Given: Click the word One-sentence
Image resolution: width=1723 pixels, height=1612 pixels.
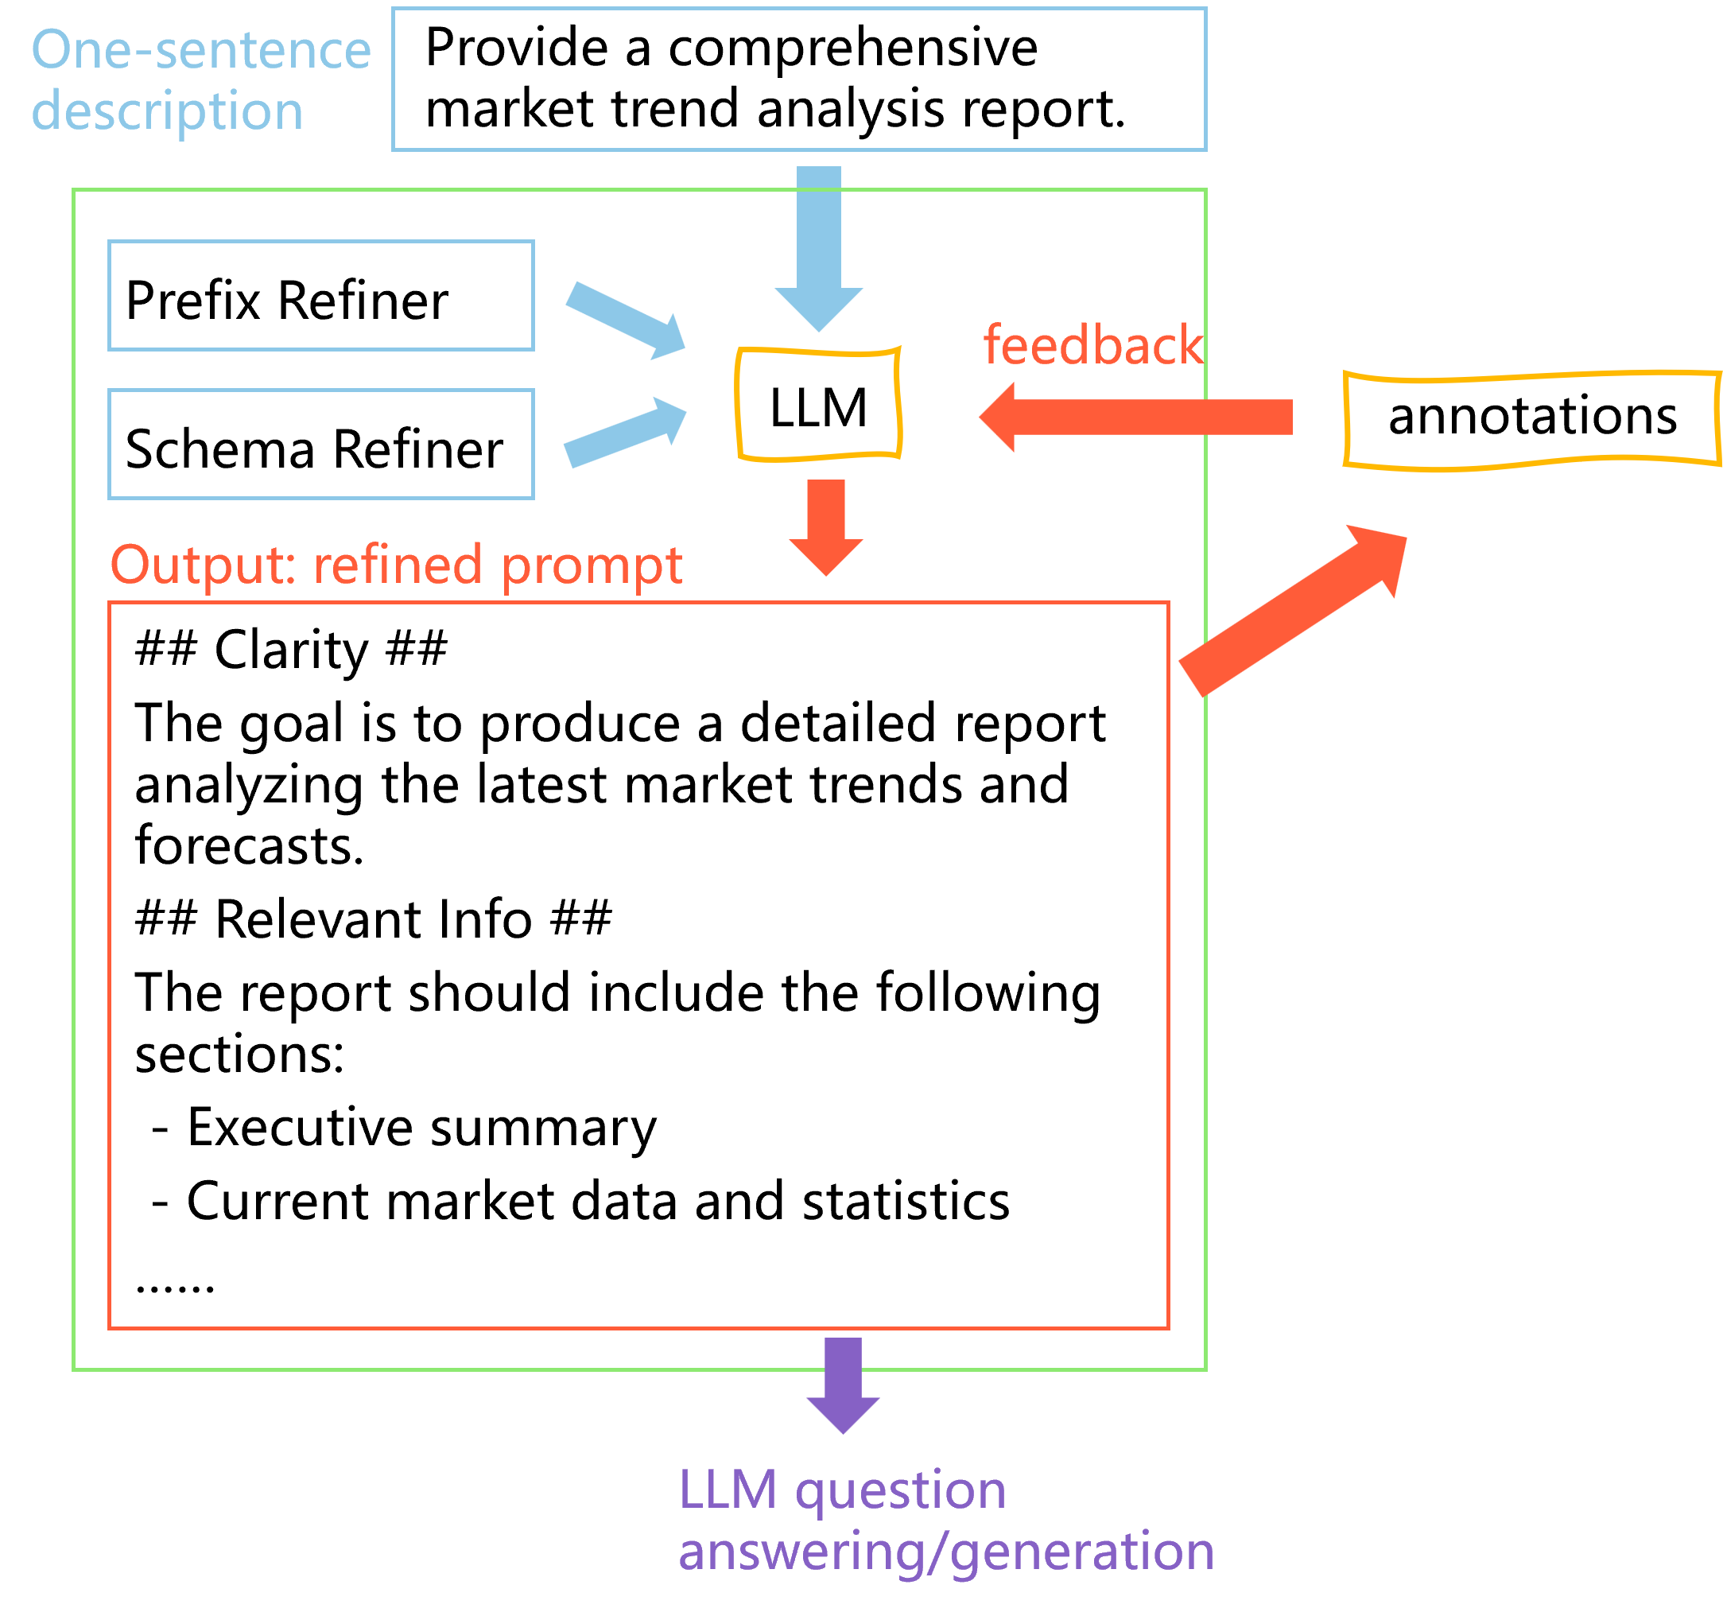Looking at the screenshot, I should tap(201, 49).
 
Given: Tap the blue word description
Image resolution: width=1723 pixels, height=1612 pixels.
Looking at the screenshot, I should tap(167, 112).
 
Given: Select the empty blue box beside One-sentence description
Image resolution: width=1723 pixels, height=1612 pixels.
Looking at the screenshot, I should tap(798, 79).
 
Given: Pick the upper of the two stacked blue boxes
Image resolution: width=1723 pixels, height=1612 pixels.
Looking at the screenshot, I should tap(320, 296).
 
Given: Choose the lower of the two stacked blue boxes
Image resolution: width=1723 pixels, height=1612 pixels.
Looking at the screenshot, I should tap(320, 444).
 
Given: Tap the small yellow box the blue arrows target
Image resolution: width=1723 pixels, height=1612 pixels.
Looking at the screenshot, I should tap(818, 404).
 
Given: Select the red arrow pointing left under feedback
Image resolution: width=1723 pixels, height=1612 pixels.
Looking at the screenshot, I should tap(1135, 417).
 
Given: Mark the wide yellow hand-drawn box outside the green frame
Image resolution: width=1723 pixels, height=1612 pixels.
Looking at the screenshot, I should tap(1531, 421).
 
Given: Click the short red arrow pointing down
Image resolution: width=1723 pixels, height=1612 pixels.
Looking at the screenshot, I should tap(826, 524).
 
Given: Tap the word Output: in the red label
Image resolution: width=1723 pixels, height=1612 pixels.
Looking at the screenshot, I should tap(204, 565).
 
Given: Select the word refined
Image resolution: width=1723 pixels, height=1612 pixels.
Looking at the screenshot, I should tap(397, 565).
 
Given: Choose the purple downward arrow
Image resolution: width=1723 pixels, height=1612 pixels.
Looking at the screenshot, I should tap(843, 1384).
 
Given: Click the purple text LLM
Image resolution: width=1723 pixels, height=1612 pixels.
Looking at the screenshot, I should tap(728, 1490).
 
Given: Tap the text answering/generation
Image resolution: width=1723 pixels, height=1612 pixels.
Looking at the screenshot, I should tap(945, 1552).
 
